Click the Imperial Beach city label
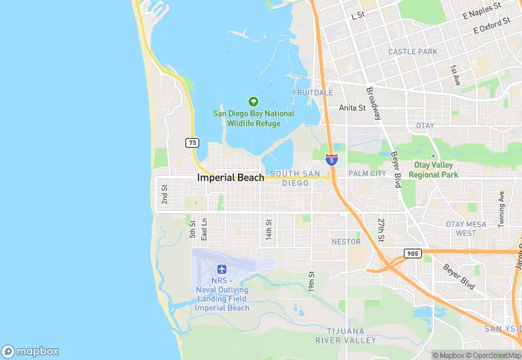pos(230,177)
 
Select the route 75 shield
pos(192,142)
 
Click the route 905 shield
pos(411,253)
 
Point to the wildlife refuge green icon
pos(253,102)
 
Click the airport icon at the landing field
pos(221,269)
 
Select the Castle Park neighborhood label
pos(413,52)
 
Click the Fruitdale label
pos(313,92)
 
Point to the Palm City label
pos(367,174)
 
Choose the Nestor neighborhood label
pos(345,242)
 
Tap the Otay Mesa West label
pos(465,229)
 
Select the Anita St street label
pos(352,108)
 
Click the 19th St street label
pos(311,281)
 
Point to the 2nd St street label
pos(165,194)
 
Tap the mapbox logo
pos(30,351)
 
